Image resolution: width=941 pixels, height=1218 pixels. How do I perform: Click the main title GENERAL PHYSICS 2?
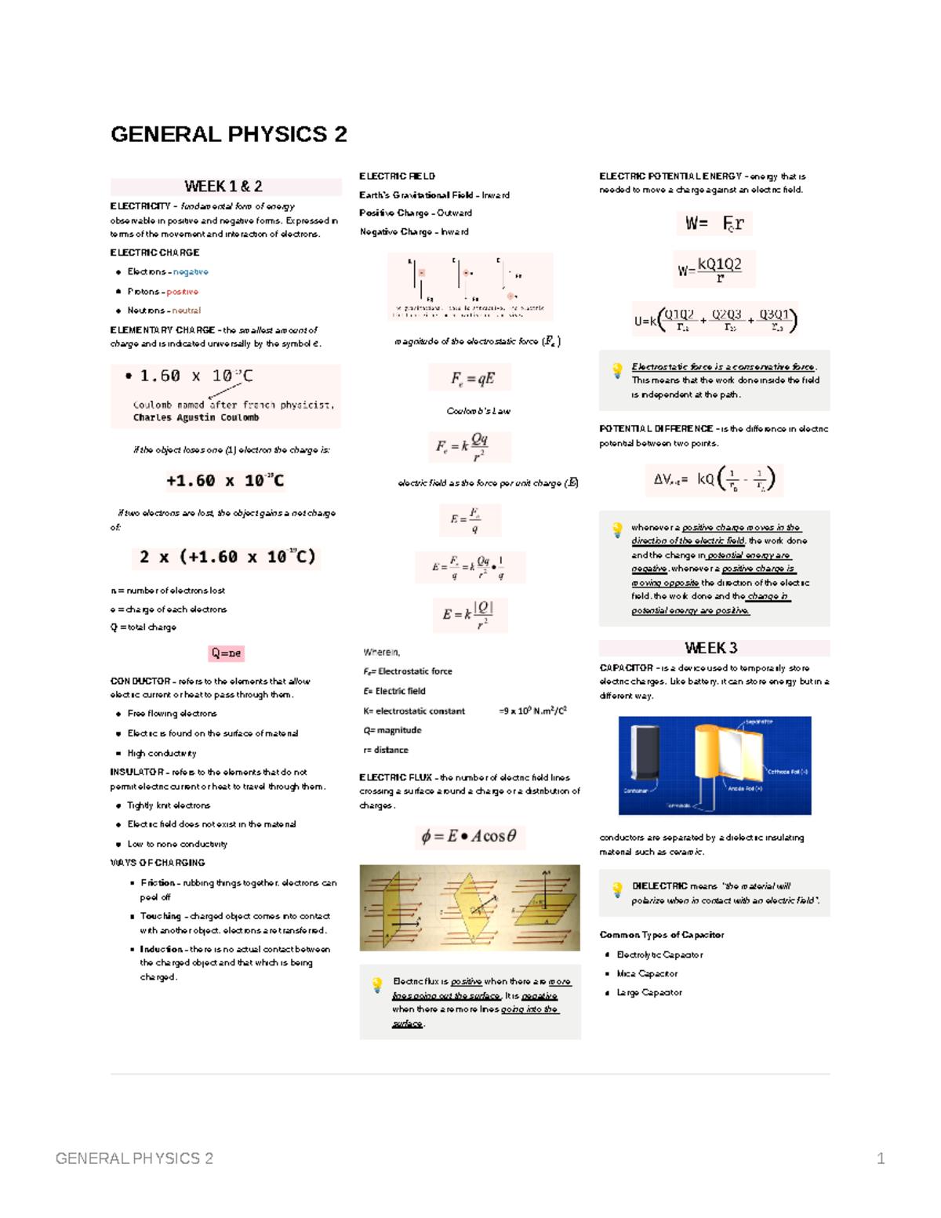[228, 134]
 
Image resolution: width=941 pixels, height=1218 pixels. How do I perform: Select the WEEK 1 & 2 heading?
[223, 187]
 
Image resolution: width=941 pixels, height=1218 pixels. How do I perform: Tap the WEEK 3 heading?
[710, 648]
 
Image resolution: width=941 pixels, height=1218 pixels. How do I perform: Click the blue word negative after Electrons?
[191, 272]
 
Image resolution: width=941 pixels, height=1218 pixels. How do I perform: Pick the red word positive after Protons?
[182, 292]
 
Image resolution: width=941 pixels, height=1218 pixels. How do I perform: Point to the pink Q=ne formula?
[226, 653]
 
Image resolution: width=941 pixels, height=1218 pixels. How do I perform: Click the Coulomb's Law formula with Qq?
[469, 447]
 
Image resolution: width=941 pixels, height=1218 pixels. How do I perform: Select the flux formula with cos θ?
[469, 836]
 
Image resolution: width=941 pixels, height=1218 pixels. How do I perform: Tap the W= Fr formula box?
[714, 224]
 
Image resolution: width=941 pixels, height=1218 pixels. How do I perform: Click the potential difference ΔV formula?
[714, 479]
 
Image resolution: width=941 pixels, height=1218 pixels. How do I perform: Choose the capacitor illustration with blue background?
[714, 765]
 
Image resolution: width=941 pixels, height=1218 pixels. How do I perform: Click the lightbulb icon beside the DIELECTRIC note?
[617, 889]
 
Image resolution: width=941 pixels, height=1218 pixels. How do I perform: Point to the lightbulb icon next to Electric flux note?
[377, 984]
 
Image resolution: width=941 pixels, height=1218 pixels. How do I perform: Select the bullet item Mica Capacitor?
[647, 973]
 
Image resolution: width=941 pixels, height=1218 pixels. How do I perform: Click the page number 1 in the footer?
[881, 1158]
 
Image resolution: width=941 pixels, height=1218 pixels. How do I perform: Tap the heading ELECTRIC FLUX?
[395, 777]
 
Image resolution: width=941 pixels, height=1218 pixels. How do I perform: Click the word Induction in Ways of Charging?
[162, 949]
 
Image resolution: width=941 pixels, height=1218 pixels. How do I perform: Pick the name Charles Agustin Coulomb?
[196, 418]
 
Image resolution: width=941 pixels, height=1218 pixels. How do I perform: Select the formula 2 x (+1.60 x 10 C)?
[227, 557]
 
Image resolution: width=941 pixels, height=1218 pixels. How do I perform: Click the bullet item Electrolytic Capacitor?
[659, 954]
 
